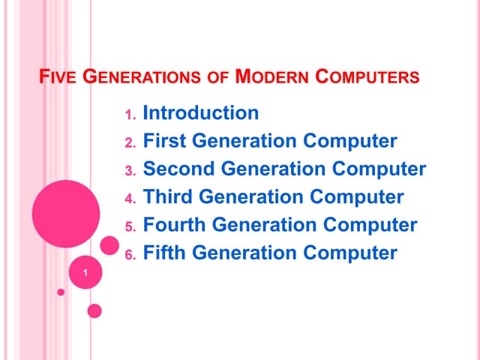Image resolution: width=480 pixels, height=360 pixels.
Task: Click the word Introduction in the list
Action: tap(200, 113)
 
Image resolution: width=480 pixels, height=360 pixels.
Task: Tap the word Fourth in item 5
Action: tap(175, 225)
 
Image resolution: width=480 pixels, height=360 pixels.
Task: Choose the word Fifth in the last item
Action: tap(165, 253)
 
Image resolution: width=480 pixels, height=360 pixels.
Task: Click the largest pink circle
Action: tap(66, 214)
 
